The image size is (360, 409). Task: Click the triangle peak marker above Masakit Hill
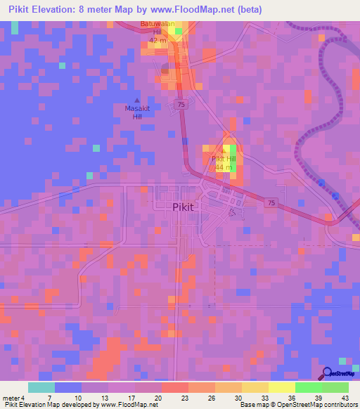pos(136,100)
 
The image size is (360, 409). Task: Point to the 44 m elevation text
pos(224,168)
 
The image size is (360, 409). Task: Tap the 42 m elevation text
pos(156,41)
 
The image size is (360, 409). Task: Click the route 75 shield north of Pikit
pos(181,104)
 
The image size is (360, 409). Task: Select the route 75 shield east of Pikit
pos(271,202)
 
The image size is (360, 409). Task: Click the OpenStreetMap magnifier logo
pos(326,374)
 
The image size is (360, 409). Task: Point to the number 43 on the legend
pos(344,398)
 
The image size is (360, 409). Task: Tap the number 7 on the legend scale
pos(50,398)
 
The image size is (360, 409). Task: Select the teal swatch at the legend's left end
pos(41,387)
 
